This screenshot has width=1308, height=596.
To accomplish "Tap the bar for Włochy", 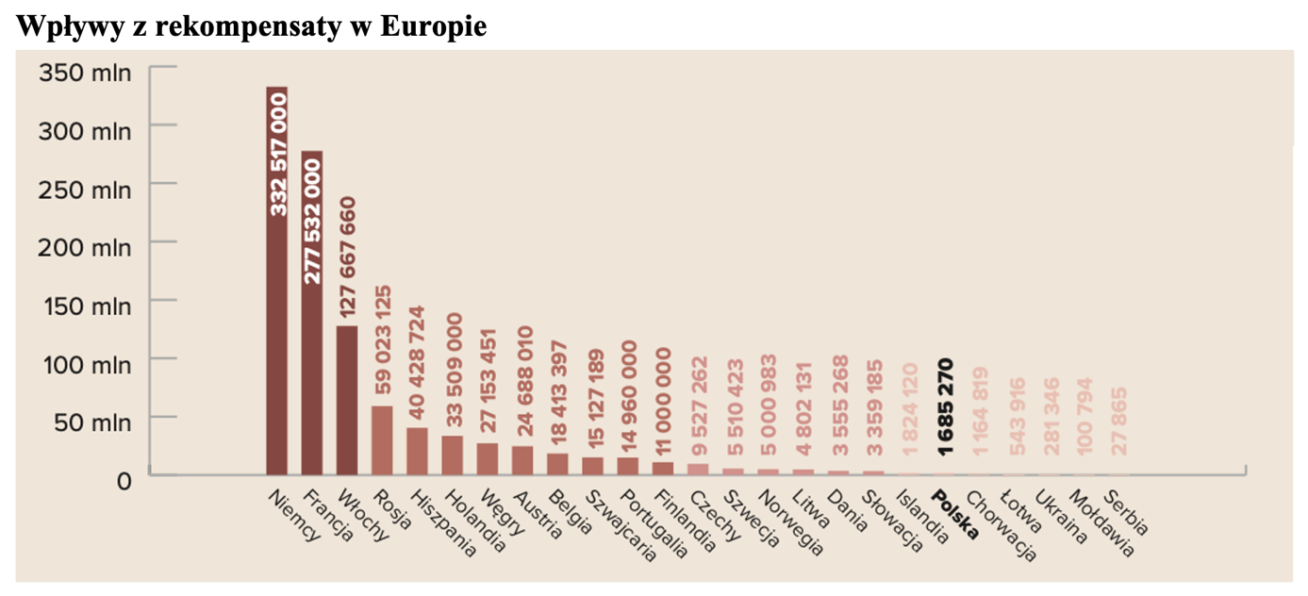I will [x=347, y=400].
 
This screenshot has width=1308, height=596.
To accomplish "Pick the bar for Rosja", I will [x=382, y=440].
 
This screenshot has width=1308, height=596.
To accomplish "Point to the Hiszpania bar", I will [x=417, y=451].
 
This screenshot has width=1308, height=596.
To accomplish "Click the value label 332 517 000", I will [x=278, y=160].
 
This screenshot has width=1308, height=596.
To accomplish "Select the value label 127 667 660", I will [x=347, y=257].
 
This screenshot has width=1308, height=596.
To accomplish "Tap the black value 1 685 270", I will [x=944, y=407].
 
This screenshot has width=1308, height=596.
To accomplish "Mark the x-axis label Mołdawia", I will [x=1093, y=521].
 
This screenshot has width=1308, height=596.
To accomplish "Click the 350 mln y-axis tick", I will [x=85, y=73].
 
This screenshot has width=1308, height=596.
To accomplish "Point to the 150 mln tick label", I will [x=85, y=306].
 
